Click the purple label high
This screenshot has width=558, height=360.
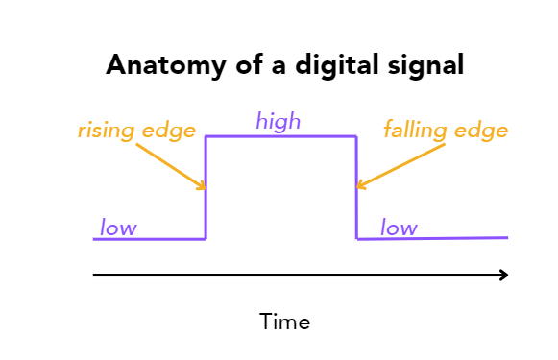point(278,122)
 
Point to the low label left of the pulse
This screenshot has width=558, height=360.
point(118,228)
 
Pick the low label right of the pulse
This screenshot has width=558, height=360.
point(399,228)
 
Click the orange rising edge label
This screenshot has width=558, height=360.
point(137,130)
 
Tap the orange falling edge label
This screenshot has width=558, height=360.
point(446,130)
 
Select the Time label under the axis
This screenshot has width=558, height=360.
point(284,322)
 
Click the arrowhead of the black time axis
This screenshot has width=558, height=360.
point(502,276)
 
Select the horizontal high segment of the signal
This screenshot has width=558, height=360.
point(281,137)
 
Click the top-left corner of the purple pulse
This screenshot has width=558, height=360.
point(206,137)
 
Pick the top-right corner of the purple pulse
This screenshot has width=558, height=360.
point(357,137)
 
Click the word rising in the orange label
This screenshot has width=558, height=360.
point(107,130)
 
